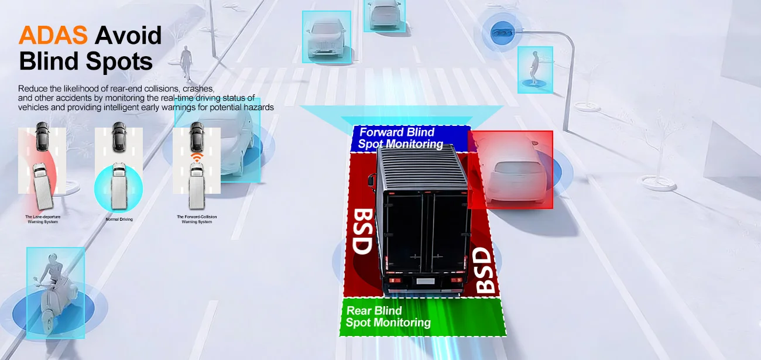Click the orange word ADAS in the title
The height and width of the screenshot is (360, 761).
[x=53, y=35]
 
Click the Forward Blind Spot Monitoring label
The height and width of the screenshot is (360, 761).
[x=401, y=138]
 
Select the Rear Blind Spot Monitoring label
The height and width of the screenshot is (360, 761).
[x=388, y=317]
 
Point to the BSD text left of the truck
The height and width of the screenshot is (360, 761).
[x=362, y=231]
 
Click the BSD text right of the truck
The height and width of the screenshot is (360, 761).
[x=484, y=270]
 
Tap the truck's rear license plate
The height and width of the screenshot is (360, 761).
[x=426, y=281]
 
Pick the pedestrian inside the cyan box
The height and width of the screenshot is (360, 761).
[x=534, y=68]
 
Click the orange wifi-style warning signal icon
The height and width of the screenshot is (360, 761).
[x=197, y=157]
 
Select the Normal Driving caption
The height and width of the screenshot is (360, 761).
[x=119, y=220]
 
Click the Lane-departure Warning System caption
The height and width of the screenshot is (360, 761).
[x=43, y=220]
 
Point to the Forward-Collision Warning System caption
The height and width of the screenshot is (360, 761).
[x=197, y=220]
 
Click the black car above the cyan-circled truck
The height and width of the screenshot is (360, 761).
[x=119, y=137]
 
